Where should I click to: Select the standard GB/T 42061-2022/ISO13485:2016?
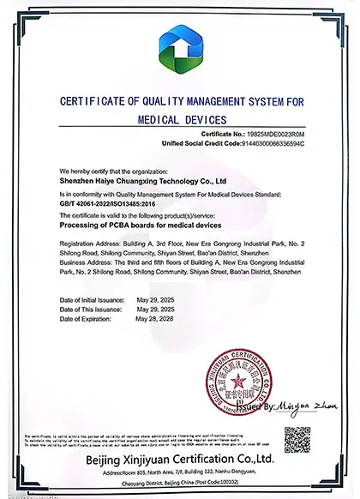click(x=108, y=202)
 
